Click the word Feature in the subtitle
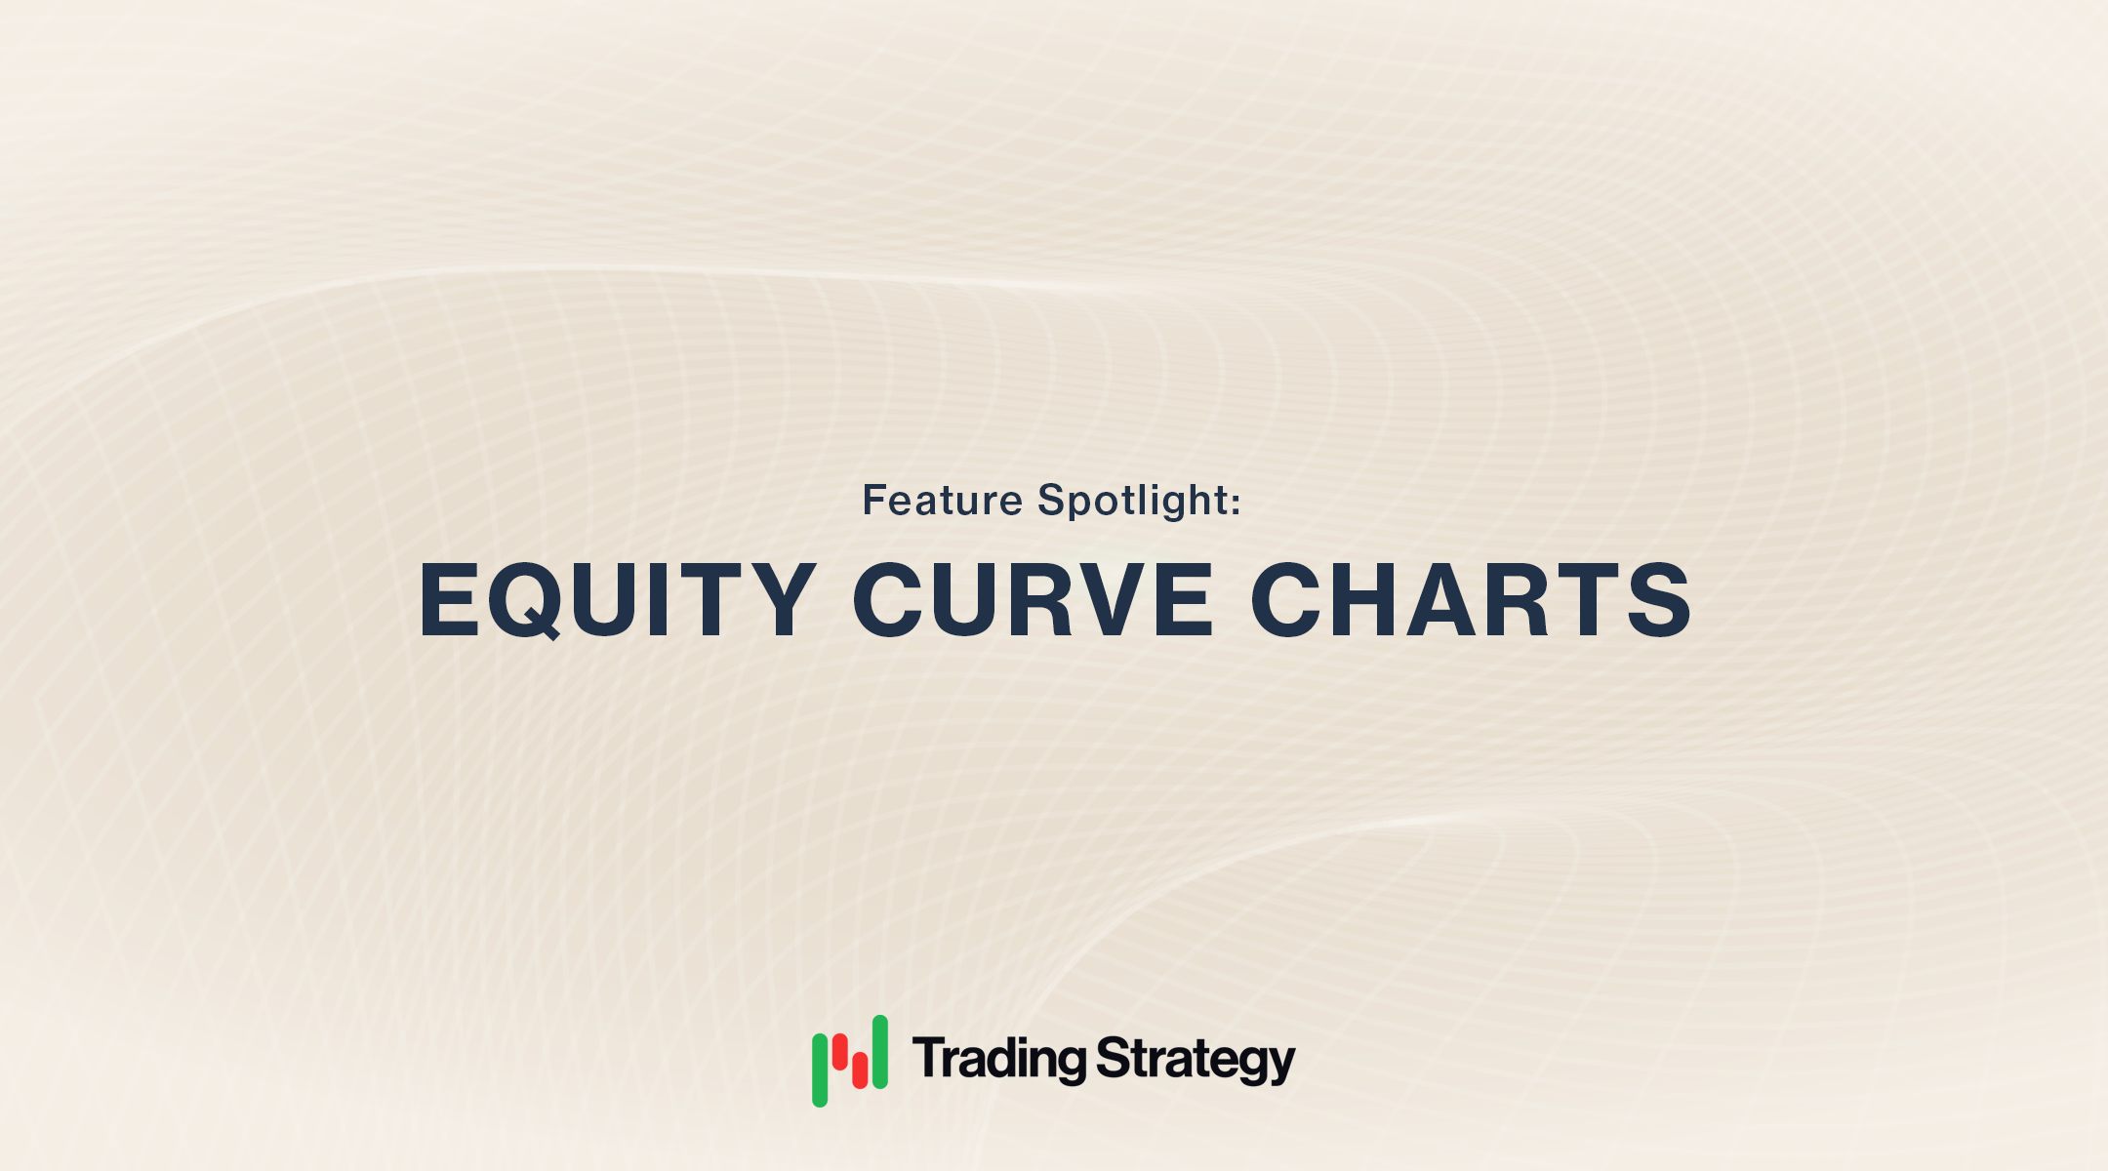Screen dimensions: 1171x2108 [x=942, y=501]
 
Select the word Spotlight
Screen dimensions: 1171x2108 [x=1132, y=501]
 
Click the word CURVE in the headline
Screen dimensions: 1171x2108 [x=1034, y=601]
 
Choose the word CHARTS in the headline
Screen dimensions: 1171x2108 [x=1471, y=601]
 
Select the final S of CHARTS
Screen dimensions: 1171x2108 [x=1659, y=601]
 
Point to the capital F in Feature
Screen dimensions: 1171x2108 [x=875, y=501]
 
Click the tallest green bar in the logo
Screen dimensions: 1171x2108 [x=880, y=1052]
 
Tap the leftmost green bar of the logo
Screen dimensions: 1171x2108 [x=820, y=1070]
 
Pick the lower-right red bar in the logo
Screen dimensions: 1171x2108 [x=860, y=1070]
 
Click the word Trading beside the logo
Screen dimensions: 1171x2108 [x=999, y=1060]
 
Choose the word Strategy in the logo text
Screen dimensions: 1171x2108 [x=1196, y=1060]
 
